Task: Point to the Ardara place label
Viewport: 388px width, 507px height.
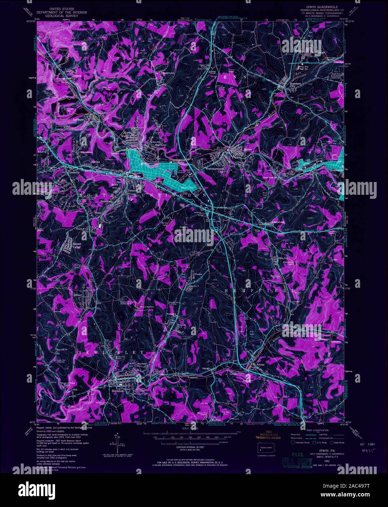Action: click(x=76, y=76)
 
